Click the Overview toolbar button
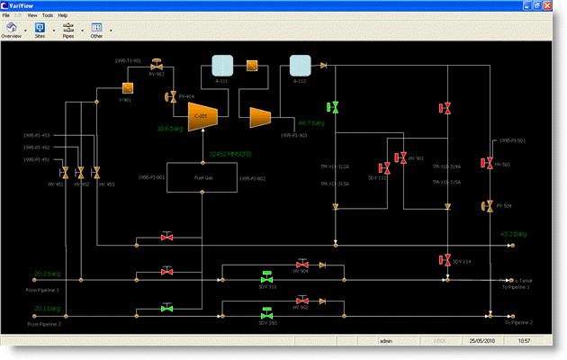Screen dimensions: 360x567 click(x=12, y=30)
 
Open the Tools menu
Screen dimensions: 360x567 click(x=46, y=15)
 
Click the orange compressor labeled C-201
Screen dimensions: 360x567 click(x=200, y=114)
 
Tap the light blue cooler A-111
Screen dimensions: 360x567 click(x=221, y=65)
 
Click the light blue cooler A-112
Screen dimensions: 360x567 click(x=300, y=65)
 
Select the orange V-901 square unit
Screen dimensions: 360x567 click(x=127, y=88)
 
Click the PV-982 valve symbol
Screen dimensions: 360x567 click(x=157, y=67)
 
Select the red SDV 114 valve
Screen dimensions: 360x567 click(x=445, y=260)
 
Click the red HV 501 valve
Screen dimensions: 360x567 click(x=487, y=164)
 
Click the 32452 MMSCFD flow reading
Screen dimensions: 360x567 click(x=229, y=154)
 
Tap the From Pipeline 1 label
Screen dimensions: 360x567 click(x=42, y=290)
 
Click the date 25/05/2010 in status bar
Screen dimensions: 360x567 click(x=483, y=341)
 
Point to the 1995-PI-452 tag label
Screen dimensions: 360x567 click(x=37, y=148)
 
